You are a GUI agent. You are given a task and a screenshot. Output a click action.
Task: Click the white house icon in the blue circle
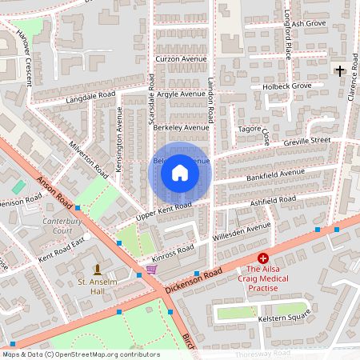point(180,173)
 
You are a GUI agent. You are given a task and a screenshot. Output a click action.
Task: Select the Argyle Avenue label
point(182,94)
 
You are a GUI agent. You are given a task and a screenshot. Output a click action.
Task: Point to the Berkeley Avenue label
point(180,127)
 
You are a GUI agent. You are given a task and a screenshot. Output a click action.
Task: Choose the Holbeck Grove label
point(290,86)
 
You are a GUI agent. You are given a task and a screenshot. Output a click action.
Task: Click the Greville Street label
point(306,141)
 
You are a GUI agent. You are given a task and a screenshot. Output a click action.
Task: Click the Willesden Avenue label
point(242,232)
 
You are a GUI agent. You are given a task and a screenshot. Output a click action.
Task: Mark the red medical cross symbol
point(262,259)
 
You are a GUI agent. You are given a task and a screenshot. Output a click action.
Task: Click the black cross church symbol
point(340,71)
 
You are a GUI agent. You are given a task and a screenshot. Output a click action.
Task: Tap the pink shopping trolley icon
point(151,270)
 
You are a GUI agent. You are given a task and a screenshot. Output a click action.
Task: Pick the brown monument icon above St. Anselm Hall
point(98,268)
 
